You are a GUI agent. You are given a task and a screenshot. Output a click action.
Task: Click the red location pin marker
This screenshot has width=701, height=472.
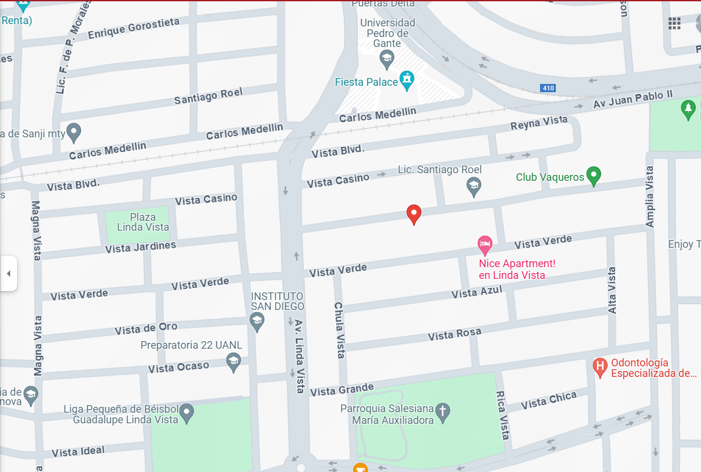tap(414, 214)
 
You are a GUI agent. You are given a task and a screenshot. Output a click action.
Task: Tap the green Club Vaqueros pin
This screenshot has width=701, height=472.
tap(593, 176)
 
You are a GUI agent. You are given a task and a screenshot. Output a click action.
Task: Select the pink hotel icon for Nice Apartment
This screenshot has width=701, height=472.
tap(484, 244)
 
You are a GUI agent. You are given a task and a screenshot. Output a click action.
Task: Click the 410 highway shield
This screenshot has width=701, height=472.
tap(548, 88)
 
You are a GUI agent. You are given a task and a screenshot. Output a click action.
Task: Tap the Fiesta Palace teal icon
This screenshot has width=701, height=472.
tap(407, 80)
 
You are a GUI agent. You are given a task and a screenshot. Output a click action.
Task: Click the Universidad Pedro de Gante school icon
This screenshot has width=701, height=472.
tap(387, 58)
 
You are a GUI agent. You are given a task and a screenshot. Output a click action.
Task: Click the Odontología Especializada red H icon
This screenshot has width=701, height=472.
tap(600, 367)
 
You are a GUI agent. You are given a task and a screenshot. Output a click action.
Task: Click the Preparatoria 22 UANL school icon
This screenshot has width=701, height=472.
tap(234, 361)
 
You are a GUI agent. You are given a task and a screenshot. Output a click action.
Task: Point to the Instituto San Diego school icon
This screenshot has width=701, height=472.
tap(257, 321)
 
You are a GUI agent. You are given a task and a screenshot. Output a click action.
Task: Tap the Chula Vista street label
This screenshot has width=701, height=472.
tap(339, 330)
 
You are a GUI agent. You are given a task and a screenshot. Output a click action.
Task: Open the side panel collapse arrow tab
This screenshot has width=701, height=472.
tap(8, 274)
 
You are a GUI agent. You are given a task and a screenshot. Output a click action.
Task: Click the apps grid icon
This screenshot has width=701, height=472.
tap(674, 23)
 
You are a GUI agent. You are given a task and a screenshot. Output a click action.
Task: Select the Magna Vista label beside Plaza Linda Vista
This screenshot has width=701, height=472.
tap(36, 230)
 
